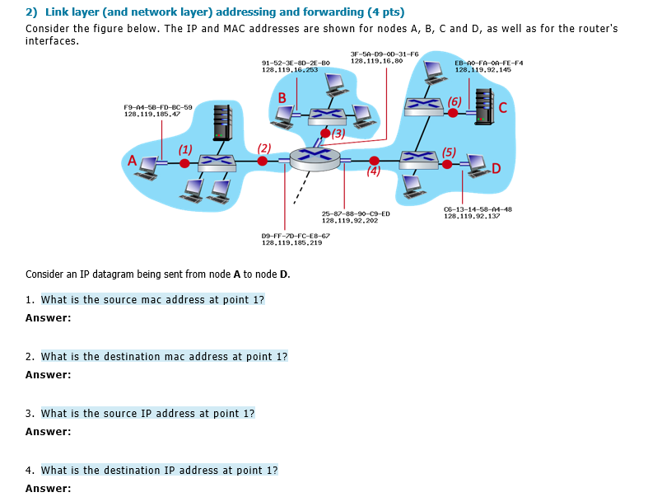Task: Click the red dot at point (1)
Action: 184,163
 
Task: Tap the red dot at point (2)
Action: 263,162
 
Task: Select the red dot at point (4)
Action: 375,161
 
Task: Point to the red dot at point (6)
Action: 452,111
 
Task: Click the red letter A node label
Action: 131,160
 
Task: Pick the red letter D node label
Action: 496,169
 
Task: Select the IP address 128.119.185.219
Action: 291,242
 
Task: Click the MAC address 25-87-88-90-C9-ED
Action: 356,213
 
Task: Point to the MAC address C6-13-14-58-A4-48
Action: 478,209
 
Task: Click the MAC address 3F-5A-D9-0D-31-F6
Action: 385,54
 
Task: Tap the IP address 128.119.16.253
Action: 289,70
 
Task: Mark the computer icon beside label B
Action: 285,116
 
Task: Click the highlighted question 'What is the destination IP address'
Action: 159,470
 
